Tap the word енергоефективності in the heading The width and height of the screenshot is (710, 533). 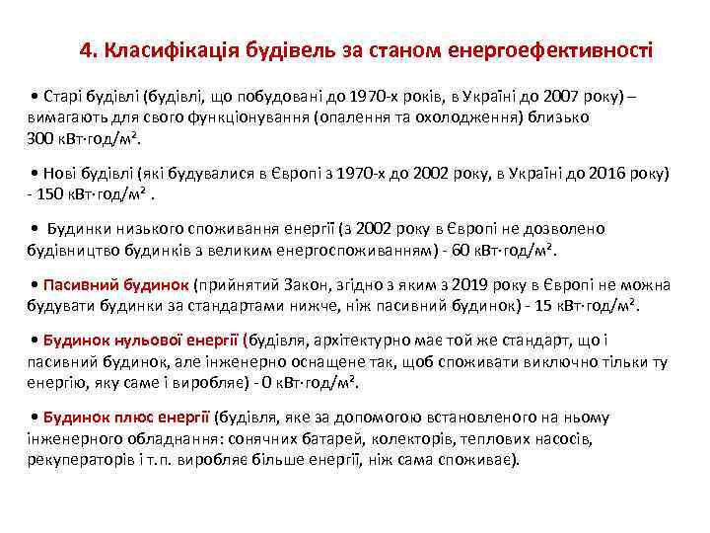[x=549, y=48]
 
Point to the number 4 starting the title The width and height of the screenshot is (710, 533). [x=86, y=48]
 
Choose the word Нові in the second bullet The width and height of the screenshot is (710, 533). [x=61, y=172]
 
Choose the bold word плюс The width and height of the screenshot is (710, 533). [x=126, y=417]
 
